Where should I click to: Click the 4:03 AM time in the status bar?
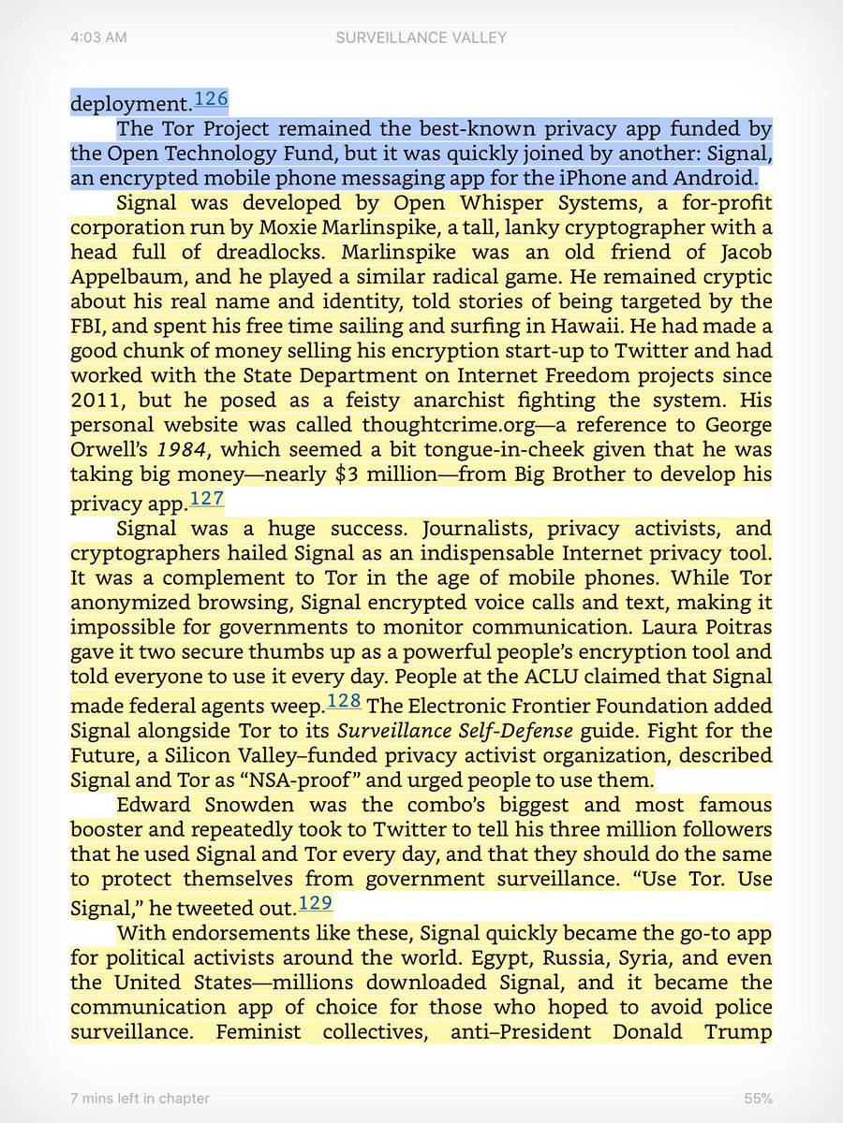(98, 37)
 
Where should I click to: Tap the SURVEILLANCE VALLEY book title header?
(421, 37)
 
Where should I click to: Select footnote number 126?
(211, 99)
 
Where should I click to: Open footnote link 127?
(207, 498)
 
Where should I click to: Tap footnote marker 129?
(316, 903)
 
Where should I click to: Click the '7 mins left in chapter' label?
(140, 1098)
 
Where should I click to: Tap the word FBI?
(89, 326)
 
